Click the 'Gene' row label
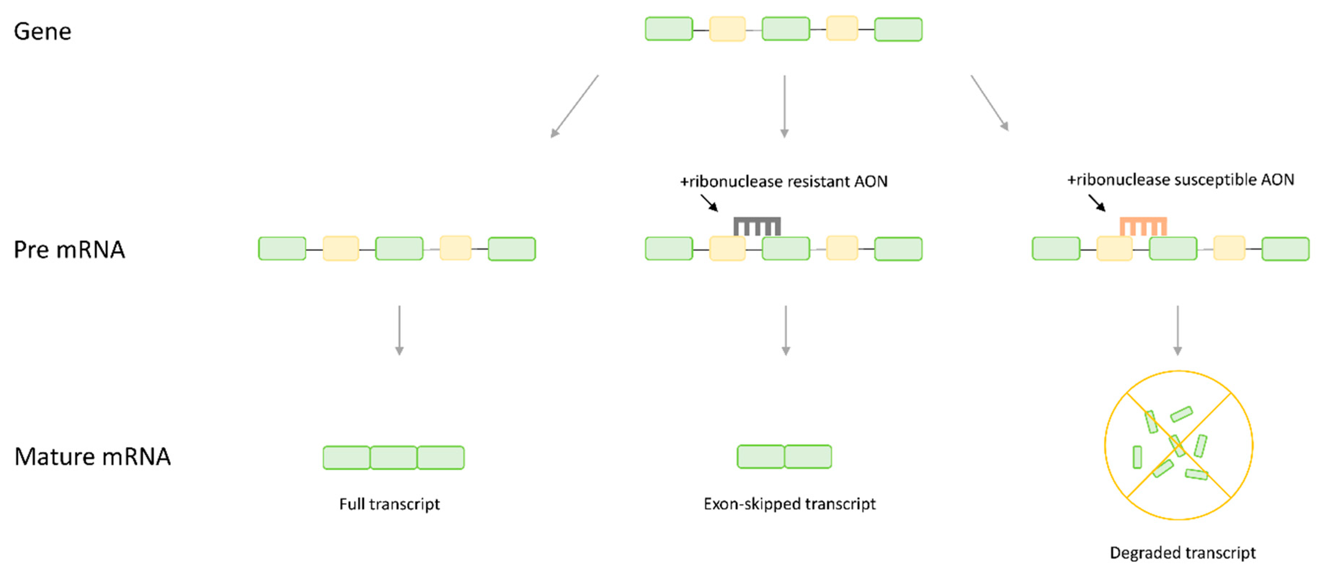click(x=43, y=31)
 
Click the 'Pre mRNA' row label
click(x=69, y=249)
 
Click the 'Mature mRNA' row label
click(x=92, y=457)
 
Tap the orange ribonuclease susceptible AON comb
click(x=1143, y=225)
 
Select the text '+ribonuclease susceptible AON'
click(x=1180, y=180)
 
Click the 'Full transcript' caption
click(x=389, y=504)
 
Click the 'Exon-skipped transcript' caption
click(x=789, y=504)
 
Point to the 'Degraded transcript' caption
click(x=1183, y=553)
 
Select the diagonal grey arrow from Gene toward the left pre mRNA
click(x=574, y=107)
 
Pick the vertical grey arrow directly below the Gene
click(x=784, y=107)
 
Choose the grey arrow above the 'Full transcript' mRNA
click(x=399, y=331)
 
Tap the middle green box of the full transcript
click(x=393, y=458)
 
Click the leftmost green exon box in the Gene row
click(x=669, y=29)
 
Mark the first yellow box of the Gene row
click(x=727, y=29)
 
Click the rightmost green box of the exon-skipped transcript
click(x=808, y=457)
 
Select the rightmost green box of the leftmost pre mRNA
click(x=511, y=249)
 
